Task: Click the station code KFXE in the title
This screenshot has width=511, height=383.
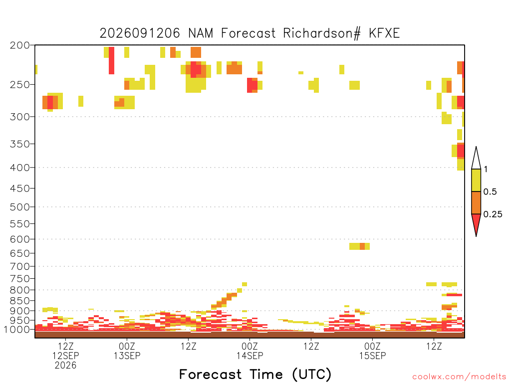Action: (x=384, y=33)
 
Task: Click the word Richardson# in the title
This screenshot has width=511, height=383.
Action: (x=322, y=33)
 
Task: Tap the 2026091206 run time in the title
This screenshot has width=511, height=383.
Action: (x=140, y=33)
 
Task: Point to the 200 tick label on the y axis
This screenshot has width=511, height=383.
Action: (x=19, y=45)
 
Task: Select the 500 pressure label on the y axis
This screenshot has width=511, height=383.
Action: (x=19, y=207)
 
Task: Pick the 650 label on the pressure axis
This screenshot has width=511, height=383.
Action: (x=19, y=253)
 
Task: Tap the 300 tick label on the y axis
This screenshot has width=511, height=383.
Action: (x=19, y=117)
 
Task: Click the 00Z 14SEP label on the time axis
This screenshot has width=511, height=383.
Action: (x=250, y=351)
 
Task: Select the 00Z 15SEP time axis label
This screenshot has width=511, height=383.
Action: (x=372, y=351)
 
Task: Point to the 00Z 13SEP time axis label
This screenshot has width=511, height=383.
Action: (x=127, y=351)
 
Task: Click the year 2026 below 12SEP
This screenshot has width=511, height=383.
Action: (x=65, y=366)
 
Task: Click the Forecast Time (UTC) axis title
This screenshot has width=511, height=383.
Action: (x=255, y=374)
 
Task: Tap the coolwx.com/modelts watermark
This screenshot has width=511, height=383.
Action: (x=459, y=377)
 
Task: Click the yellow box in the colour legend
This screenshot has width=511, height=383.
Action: (x=476, y=180)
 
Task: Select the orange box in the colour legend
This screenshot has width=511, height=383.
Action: (x=476, y=202)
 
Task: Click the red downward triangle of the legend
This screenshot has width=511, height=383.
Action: (x=476, y=223)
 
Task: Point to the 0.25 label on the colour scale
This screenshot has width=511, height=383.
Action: (x=493, y=214)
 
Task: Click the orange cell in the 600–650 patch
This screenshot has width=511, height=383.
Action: (x=362, y=246)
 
